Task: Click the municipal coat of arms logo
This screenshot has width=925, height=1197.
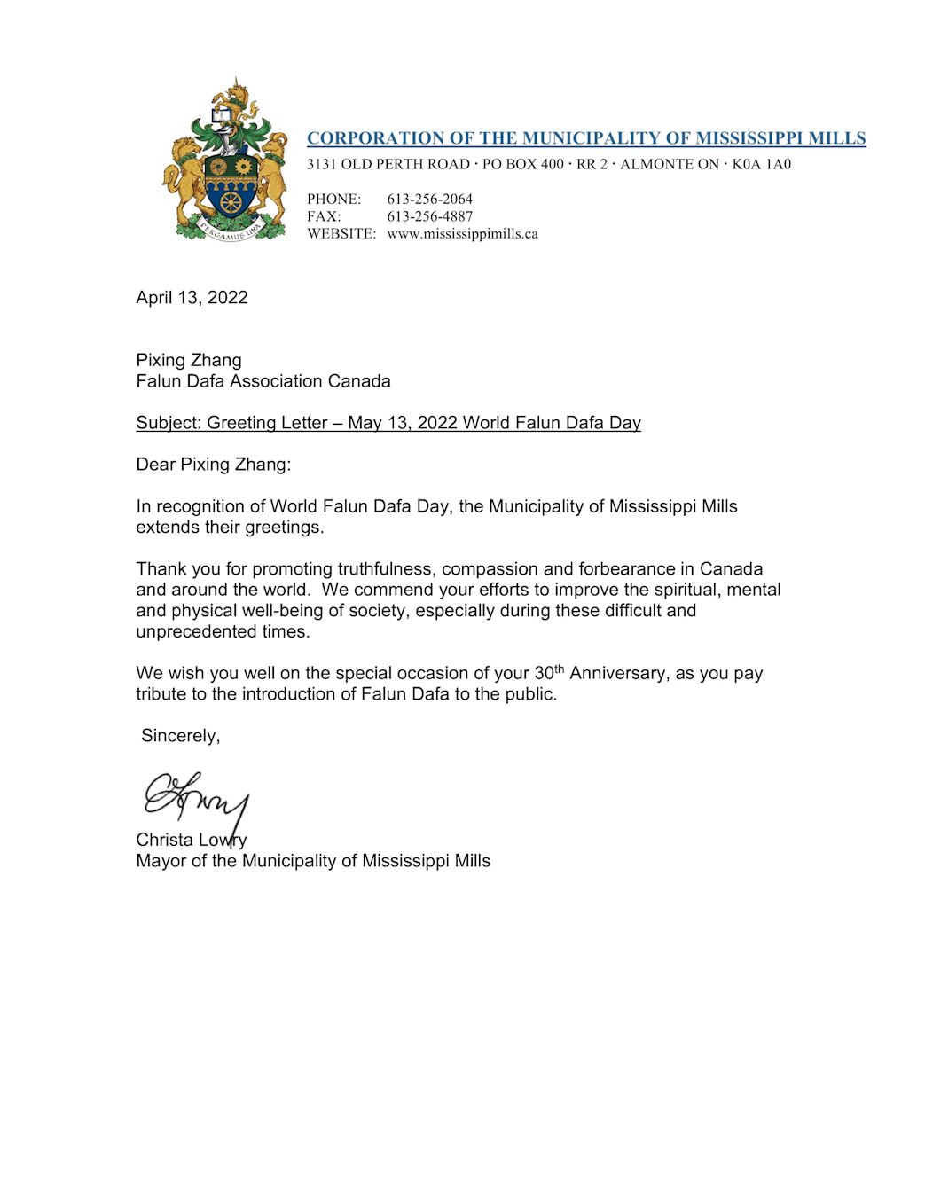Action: (225, 160)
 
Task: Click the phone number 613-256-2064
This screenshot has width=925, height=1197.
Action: (429, 199)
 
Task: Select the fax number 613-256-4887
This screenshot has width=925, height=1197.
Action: (429, 216)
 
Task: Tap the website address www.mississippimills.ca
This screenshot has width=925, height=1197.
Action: (462, 234)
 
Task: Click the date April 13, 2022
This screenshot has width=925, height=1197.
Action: (192, 298)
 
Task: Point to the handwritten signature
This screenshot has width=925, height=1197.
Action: (197, 797)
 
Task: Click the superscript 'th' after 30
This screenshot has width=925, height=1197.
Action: (559, 669)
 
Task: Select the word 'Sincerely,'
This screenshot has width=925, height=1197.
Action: (181, 736)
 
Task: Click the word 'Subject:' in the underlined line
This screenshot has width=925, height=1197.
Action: (169, 423)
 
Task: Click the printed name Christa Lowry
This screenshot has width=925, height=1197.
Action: (192, 840)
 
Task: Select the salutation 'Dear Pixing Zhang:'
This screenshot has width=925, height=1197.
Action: (213, 465)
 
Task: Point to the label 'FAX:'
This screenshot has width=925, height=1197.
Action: (324, 216)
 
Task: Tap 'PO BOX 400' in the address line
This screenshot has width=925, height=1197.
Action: (522, 164)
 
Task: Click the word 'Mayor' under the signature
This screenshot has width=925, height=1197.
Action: (161, 861)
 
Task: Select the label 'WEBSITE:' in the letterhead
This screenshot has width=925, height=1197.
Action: (341, 234)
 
